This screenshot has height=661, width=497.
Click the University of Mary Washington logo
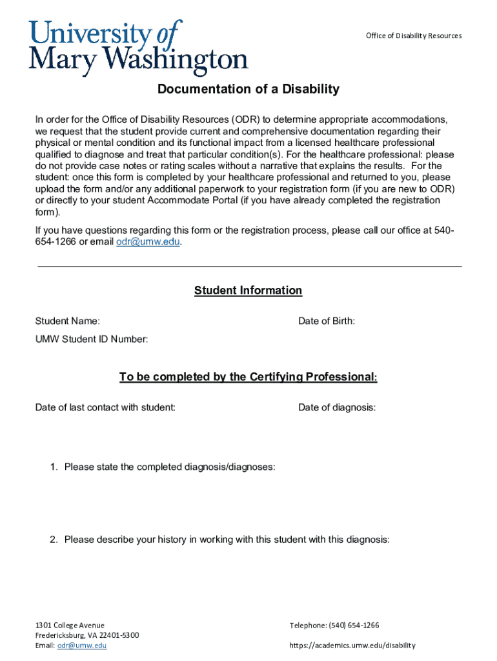coord(137,48)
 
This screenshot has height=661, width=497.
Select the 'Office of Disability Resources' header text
coord(414,36)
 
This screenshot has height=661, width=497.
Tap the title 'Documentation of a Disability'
coord(249,89)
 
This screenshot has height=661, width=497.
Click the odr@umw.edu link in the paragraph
coord(148,242)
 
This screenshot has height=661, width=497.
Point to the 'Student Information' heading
coord(248,290)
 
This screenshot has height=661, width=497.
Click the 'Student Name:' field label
coord(67,321)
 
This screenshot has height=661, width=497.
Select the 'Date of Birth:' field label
coord(326,321)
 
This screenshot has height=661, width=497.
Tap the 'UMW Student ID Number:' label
coord(92,339)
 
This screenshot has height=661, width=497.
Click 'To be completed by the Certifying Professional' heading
coord(248,377)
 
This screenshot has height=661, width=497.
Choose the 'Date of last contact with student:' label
coord(105,407)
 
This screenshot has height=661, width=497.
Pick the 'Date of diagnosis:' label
coord(337,407)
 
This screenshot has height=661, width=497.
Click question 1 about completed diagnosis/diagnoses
coord(169,467)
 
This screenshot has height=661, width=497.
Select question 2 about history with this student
coord(227,540)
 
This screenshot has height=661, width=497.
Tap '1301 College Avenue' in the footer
coord(70,625)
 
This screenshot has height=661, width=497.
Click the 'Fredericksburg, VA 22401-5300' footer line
coord(86,635)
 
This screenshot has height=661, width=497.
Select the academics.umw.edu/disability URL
coord(352,645)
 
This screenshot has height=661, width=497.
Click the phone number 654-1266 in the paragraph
coord(56,242)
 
